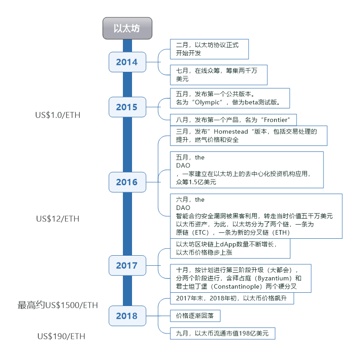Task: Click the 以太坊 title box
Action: (127, 28)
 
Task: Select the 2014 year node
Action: (127, 62)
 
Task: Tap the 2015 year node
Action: (127, 107)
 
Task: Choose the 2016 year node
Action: (127, 182)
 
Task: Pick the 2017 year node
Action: (127, 265)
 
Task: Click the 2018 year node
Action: (127, 316)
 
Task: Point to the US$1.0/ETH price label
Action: (58, 115)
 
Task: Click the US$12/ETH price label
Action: (58, 219)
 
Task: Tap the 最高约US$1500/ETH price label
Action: (58, 305)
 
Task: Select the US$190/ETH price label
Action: (61, 336)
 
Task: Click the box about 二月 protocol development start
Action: (209, 49)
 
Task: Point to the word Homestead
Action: (227, 131)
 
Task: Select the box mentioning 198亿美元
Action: (222, 333)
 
